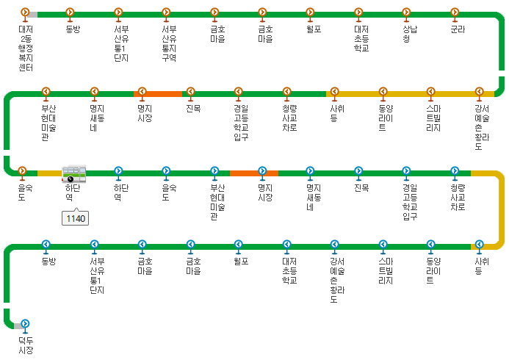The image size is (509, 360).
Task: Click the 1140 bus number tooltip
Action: (x=76, y=218)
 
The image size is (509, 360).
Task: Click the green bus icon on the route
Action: (x=73, y=174)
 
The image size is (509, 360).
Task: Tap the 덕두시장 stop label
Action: (x=26, y=345)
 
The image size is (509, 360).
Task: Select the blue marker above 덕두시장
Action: (x=26, y=323)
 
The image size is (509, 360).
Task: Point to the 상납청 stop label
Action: (x=406, y=35)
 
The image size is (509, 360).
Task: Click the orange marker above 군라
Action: (x=455, y=12)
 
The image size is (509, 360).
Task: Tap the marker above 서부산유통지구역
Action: (x=166, y=12)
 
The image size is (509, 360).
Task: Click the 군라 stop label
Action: (x=458, y=30)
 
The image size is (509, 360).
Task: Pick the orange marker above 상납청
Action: (x=406, y=12)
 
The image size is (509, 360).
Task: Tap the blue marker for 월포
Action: (x=238, y=244)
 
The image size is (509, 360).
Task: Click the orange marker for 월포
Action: (x=310, y=12)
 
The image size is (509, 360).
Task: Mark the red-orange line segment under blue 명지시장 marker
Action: (x=254, y=173)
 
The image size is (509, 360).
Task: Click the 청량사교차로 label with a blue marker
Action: (x=458, y=198)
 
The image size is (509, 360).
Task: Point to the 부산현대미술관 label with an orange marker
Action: (x=46, y=121)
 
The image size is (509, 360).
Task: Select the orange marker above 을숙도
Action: (x=22, y=171)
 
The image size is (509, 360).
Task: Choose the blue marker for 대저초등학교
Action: (x=286, y=244)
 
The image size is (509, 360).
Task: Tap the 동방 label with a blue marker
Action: (x=48, y=261)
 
